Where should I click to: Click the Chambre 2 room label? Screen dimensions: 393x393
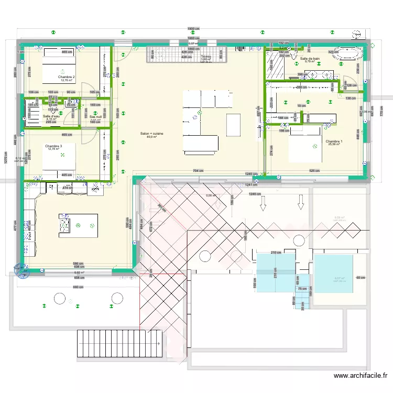[67, 77]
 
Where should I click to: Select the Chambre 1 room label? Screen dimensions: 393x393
[334, 141]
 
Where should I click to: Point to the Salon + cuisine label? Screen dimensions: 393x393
[152, 134]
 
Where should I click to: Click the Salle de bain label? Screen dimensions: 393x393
[310, 59]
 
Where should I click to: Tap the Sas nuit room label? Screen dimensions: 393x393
[95, 117]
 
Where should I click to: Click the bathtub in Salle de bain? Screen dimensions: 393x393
[347, 53]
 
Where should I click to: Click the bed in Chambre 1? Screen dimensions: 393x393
[304, 146]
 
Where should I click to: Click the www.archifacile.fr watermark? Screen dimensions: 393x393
[362, 376]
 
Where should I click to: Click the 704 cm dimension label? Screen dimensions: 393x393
[197, 171]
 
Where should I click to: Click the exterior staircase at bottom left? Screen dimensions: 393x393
[119, 343]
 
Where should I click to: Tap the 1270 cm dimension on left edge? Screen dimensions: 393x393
[6, 157]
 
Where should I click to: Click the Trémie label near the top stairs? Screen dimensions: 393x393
[205, 57]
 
